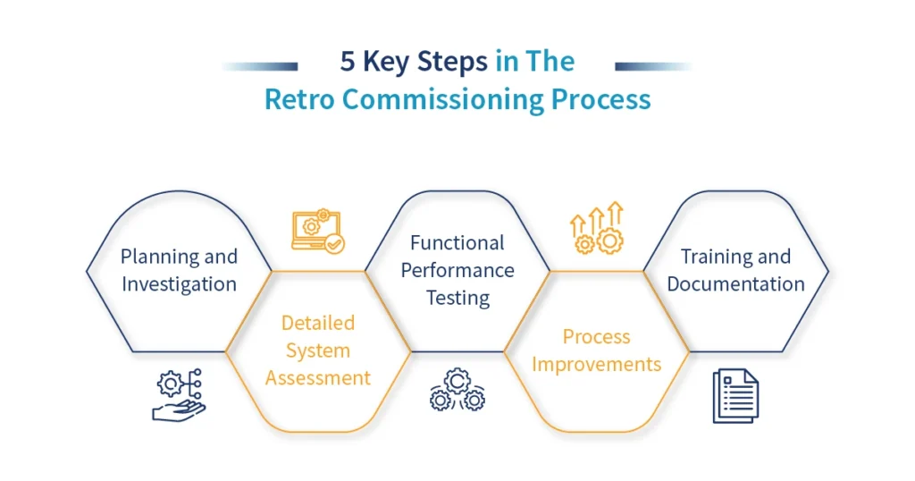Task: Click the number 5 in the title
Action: click(348, 62)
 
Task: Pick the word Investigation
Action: click(179, 284)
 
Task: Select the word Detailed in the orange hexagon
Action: click(318, 323)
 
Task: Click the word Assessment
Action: click(318, 378)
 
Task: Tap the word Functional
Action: click(457, 243)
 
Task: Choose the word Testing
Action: click(457, 299)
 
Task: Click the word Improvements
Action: click(597, 365)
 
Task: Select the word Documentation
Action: click(735, 284)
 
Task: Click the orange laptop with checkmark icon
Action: click(317, 232)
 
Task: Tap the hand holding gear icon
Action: click(179, 394)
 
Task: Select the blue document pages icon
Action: click(735, 395)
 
